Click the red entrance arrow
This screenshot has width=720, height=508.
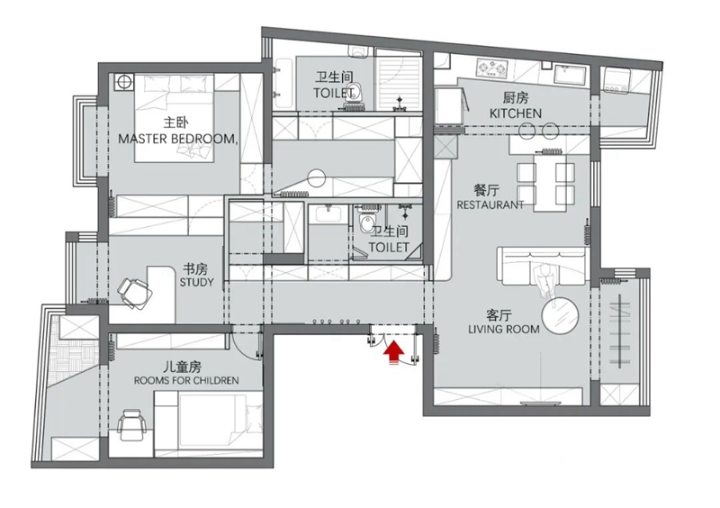(x=393, y=352)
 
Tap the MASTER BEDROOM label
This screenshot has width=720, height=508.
(x=177, y=139)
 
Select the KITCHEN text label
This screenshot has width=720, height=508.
(x=516, y=113)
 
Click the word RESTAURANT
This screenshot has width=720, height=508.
(x=490, y=204)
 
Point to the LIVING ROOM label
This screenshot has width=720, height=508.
(x=504, y=329)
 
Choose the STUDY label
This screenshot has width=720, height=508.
(x=196, y=282)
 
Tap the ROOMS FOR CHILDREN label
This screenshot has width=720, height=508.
(x=186, y=381)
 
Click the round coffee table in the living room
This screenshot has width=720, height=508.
(x=560, y=315)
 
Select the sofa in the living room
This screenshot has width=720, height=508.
(x=543, y=266)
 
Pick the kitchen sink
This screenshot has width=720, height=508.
(x=571, y=75)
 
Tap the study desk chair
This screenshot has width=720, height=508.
(x=134, y=293)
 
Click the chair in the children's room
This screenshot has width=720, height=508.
(x=131, y=425)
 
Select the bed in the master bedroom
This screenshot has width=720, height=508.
(x=174, y=119)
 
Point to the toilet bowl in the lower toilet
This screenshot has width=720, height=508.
(x=367, y=224)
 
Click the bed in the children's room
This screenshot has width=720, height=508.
(x=209, y=424)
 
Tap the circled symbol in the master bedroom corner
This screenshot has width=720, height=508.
(x=123, y=82)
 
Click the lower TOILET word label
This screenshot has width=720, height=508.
(x=389, y=248)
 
